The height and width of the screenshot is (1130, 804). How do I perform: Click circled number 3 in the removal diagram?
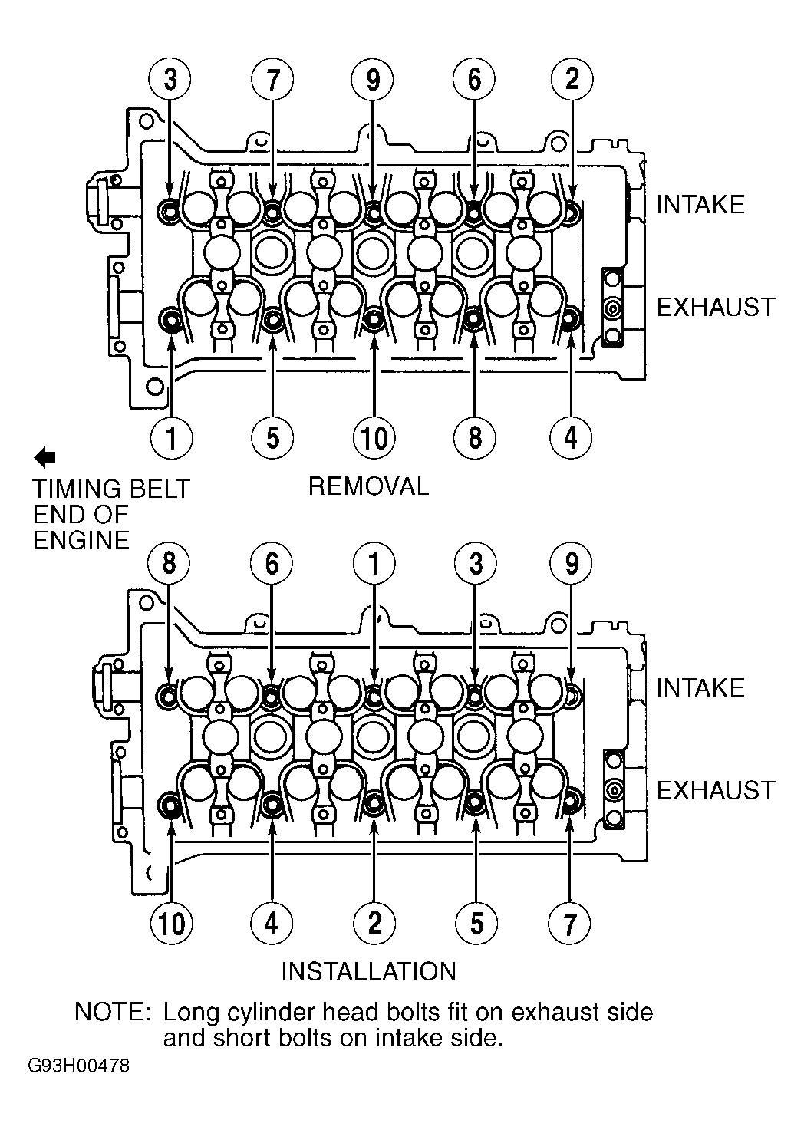pos(170,80)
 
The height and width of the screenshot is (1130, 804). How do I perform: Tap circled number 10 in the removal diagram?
pos(374,437)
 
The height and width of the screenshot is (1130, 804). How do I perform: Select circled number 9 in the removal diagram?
pos(373,80)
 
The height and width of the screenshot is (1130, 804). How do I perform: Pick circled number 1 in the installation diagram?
pos(374,564)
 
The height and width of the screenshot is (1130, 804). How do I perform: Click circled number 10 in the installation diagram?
pos(172,923)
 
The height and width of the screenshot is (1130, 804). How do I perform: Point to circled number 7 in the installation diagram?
pos(569,923)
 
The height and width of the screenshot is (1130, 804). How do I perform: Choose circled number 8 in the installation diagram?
pos(169,564)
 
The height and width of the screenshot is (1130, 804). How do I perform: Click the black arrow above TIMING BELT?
pos(44,457)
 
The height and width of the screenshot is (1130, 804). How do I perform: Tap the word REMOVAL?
pos(368,487)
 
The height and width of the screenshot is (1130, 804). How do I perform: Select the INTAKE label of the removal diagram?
pos(700,205)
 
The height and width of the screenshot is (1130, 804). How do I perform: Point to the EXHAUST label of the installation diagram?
pos(716,790)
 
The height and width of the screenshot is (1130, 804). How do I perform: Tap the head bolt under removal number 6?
pos(473,214)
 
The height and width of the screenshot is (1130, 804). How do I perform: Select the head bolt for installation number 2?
pos(374,802)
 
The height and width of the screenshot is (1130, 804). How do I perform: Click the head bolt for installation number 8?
pos(168,696)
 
